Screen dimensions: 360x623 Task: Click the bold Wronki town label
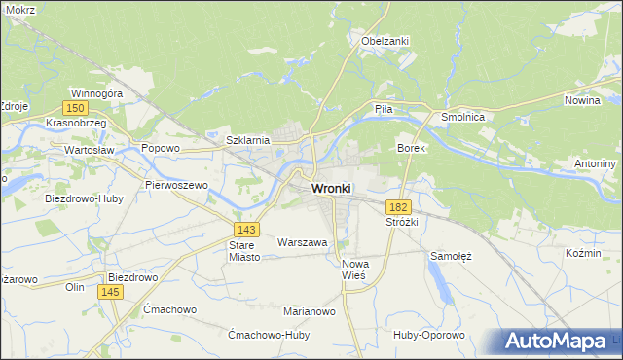point(331,188)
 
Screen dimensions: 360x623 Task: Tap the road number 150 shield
point(75,108)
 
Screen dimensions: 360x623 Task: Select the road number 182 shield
point(397,207)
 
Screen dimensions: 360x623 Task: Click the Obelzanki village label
point(385,41)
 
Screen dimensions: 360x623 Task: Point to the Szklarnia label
point(247,140)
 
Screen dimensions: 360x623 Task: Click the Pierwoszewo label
point(176,184)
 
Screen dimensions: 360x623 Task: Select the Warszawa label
point(302,241)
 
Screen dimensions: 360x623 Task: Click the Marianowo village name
point(310,311)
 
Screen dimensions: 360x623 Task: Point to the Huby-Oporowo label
point(429,335)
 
